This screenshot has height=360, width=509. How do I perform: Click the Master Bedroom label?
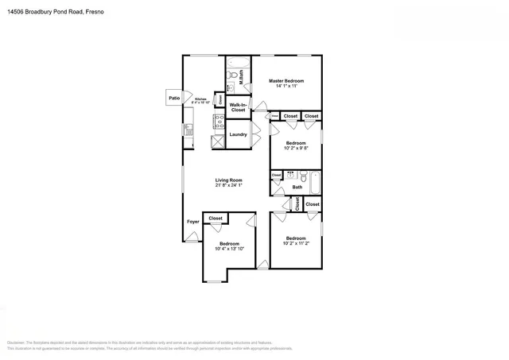(x=286, y=81)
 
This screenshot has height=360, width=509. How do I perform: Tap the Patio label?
(x=174, y=99)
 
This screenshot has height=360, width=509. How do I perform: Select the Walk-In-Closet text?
(x=238, y=107)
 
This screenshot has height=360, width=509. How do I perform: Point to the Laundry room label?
(x=238, y=134)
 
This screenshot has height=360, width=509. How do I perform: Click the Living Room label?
(x=228, y=180)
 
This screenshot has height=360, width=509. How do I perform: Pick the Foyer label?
(x=192, y=221)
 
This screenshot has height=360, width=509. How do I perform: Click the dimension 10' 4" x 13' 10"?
(x=229, y=250)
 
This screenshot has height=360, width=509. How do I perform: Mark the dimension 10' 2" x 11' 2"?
(x=296, y=244)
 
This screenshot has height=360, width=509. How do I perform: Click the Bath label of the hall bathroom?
(x=297, y=188)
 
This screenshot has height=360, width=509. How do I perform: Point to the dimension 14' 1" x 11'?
(x=286, y=86)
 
